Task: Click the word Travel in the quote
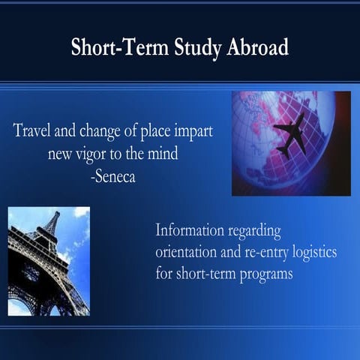click(x=34, y=130)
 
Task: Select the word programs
click(x=262, y=272)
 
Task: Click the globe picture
click(x=290, y=142)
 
